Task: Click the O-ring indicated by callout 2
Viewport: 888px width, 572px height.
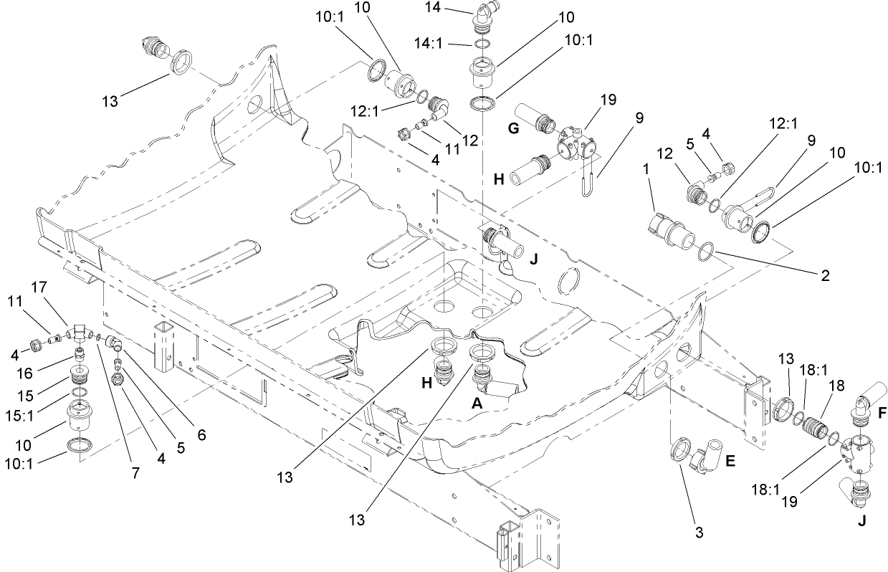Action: pos(705,251)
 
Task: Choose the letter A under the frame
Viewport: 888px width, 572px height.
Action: pos(474,404)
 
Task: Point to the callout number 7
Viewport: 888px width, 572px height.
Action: pos(137,474)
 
